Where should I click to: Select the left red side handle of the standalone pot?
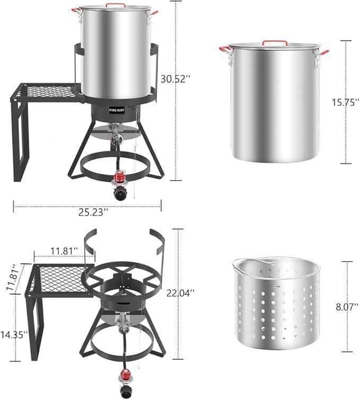coord(224,50)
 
